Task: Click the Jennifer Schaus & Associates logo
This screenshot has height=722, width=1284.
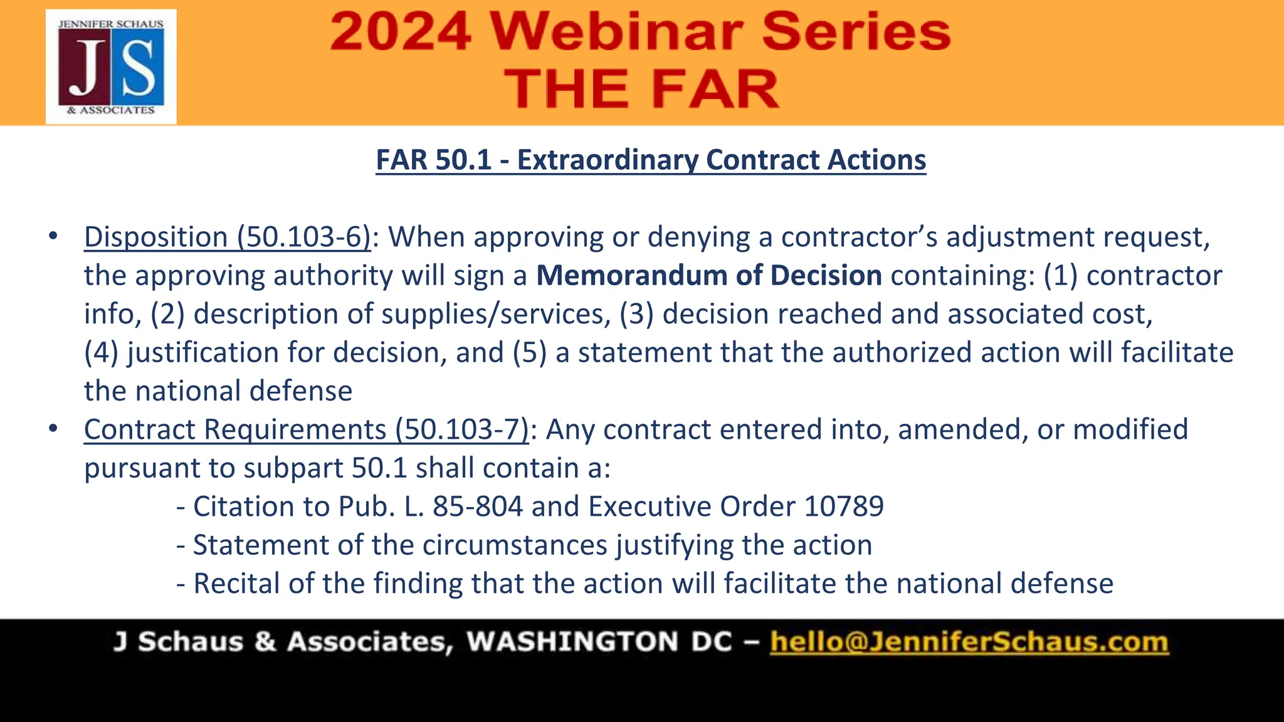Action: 111,66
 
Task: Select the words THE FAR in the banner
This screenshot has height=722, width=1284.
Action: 641,89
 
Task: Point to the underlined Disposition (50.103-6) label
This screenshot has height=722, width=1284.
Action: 228,237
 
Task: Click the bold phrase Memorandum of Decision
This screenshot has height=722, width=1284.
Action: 709,276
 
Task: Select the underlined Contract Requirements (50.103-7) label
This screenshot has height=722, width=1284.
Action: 307,430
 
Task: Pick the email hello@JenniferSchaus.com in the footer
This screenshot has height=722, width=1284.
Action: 969,642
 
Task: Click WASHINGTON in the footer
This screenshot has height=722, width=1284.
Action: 572,642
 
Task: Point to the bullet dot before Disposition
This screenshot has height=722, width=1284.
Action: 53,236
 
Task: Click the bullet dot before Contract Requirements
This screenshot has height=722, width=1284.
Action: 53,429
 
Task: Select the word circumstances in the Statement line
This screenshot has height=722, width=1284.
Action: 515,545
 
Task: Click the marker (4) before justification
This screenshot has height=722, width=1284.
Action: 102,352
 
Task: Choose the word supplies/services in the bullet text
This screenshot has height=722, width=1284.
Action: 496,314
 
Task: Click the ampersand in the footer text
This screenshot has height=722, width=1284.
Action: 265,642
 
